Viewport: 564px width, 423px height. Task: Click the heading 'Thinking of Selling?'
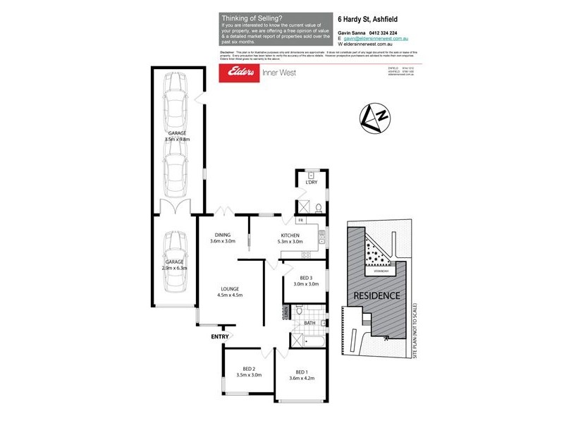tap(250, 18)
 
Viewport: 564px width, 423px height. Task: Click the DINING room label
tap(223, 238)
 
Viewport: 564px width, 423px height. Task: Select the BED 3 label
tap(305, 281)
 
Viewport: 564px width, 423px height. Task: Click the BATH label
tap(309, 324)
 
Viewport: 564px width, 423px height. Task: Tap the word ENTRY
tap(220, 336)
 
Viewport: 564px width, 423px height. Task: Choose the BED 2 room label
tap(248, 372)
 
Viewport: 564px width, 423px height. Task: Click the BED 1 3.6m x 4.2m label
tap(301, 375)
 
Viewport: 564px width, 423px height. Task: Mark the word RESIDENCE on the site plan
tap(376, 295)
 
